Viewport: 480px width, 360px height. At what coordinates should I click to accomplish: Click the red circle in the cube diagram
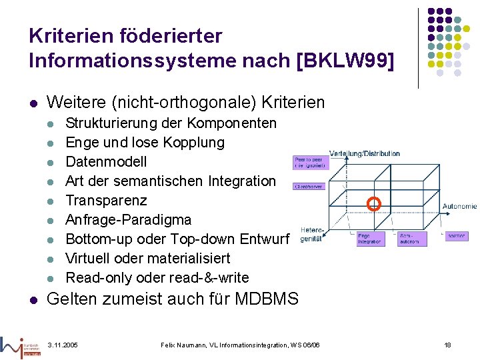pos(374,204)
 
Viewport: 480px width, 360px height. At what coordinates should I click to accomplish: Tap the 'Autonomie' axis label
pos(459,207)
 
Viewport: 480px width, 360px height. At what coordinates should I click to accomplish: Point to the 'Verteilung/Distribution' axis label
pos(365,153)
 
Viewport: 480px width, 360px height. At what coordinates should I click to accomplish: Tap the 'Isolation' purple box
pos(457,236)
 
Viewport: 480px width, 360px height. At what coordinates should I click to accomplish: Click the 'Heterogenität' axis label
pos(311,234)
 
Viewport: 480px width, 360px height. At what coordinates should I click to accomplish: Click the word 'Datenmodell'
pos(106,162)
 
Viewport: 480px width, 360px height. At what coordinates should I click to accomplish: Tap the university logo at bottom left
pos(21,345)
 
